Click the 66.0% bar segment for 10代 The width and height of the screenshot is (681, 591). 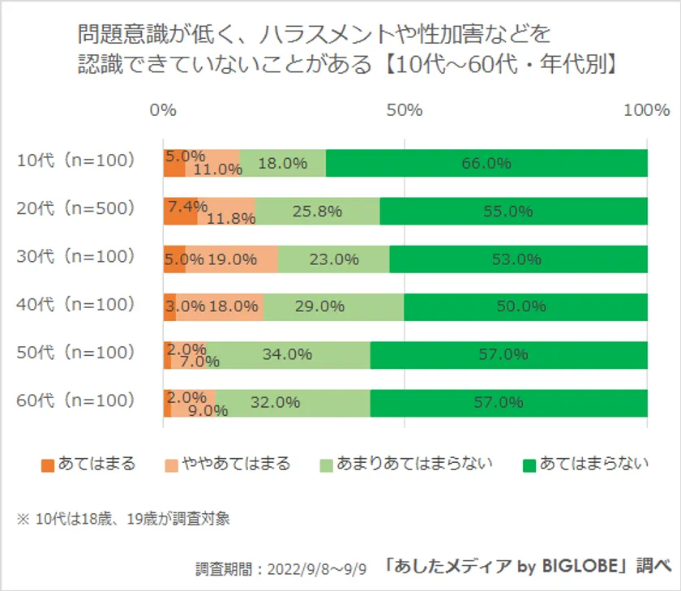pos(486,163)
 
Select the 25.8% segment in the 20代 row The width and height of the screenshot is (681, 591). pos(318,211)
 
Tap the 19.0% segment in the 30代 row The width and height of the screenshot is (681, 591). pos(232,259)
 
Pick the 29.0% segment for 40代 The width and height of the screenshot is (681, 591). pos(333,307)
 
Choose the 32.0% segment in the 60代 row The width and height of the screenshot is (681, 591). pos(293,403)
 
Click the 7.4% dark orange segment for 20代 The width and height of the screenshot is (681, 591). pos(180,211)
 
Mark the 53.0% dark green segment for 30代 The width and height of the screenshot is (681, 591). pos(519,259)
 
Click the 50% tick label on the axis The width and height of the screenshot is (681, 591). pos(405,110)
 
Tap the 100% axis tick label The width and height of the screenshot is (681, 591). pos(646,110)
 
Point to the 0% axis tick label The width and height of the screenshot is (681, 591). pos(164,110)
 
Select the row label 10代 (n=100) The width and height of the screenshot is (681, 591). pos(75,161)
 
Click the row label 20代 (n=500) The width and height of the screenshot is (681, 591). pos(75,208)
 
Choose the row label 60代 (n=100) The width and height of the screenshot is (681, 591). pos(75,400)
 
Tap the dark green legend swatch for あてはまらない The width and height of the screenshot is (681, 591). pos(529,465)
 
